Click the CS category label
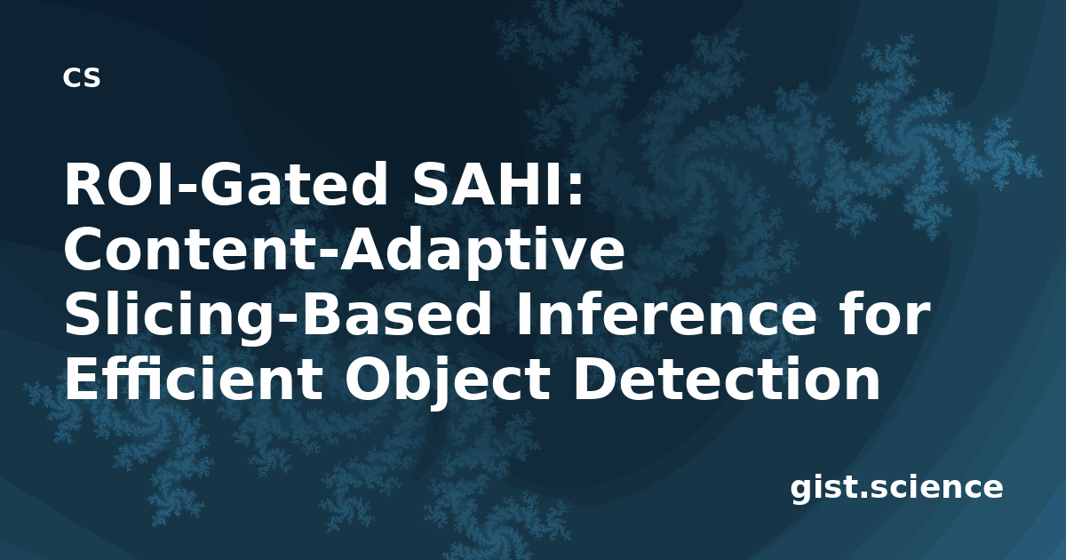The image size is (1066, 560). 82,77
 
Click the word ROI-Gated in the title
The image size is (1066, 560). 226,184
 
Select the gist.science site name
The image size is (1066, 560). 896,489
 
